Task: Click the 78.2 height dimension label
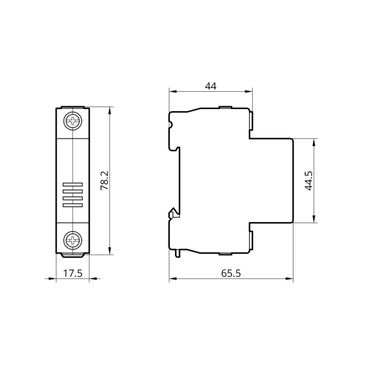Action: pyautogui.click(x=105, y=181)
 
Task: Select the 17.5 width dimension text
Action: pyautogui.click(x=73, y=273)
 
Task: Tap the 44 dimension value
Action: pyautogui.click(x=210, y=86)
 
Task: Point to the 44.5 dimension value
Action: pyautogui.click(x=308, y=181)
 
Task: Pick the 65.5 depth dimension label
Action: pyautogui.click(x=231, y=273)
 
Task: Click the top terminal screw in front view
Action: pyautogui.click(x=73, y=121)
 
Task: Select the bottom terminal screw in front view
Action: pyautogui.click(x=73, y=240)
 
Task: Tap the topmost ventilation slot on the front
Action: pyautogui.click(x=73, y=184)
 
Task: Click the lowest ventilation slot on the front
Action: pyautogui.click(x=73, y=205)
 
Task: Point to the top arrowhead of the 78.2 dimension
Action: pyautogui.click(x=110, y=110)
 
